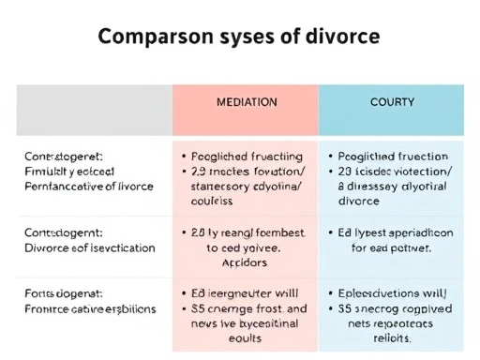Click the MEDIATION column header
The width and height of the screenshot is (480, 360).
click(x=246, y=101)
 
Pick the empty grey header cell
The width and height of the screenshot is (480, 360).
click(x=94, y=109)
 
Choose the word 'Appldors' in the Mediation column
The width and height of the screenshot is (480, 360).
click(x=245, y=263)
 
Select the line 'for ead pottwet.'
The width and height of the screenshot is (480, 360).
click(x=391, y=249)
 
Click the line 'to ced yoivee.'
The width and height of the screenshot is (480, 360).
click(x=245, y=249)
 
